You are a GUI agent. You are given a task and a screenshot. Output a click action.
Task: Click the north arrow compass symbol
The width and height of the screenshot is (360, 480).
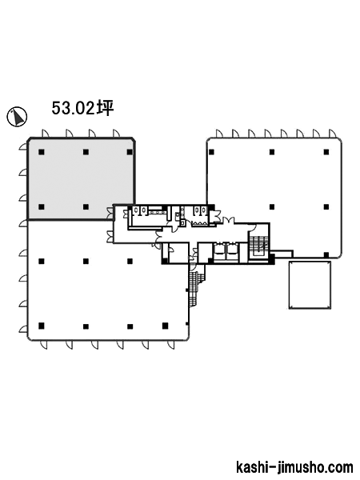point(17,117)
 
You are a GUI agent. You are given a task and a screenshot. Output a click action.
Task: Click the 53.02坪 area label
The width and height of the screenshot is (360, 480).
point(82,108)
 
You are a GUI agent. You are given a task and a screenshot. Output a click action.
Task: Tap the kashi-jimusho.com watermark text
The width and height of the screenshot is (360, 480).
point(294,467)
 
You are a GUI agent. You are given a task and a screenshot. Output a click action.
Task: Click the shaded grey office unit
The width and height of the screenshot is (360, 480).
point(81,178)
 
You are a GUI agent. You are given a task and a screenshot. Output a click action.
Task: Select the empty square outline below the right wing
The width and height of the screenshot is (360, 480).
point(310,285)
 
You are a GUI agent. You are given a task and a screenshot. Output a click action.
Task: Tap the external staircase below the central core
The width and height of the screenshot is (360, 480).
point(194,285)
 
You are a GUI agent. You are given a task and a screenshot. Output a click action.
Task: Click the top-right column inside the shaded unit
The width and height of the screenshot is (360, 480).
point(130,152)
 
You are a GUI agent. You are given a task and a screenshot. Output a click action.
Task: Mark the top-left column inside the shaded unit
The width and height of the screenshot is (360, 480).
point(42,152)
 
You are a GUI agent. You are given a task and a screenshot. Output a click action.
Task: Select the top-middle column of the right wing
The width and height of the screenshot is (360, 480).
point(272,152)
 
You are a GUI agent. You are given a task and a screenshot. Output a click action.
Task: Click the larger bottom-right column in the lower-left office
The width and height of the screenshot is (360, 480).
point(166,326)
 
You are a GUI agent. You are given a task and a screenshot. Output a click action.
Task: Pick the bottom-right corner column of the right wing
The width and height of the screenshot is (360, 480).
point(326,255)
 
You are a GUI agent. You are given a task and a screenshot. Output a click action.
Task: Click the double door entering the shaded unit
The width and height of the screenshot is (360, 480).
point(110,213)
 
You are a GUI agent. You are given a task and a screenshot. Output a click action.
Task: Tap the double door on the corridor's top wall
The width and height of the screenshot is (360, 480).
point(228,221)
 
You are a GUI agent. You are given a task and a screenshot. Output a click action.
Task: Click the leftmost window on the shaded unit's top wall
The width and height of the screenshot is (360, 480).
point(45,134)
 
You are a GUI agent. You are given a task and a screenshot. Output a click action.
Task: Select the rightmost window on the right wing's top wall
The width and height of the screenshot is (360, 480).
point(332,134)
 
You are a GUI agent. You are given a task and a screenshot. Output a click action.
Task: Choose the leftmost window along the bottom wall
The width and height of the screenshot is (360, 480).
point(44,345)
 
